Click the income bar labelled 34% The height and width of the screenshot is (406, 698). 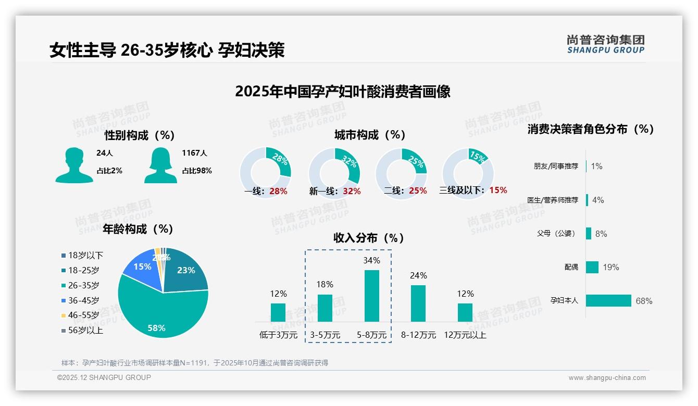coord(371,295)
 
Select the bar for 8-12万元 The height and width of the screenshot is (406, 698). coord(418,303)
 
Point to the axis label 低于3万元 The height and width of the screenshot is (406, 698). coord(278,335)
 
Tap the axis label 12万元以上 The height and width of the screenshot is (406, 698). coord(465,335)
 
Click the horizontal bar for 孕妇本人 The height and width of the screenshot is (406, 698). coord(608,301)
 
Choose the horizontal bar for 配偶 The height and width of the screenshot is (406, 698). coord(592,267)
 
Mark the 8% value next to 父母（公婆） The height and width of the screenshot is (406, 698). coord(601,234)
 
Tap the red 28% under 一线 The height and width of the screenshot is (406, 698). coord(278,191)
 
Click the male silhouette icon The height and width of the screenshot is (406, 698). coord(74,166)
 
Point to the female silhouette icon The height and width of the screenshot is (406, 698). coord(160,166)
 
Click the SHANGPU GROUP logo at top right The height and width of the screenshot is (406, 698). coord(605,44)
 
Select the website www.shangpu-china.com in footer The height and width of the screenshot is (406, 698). coord(607,378)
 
